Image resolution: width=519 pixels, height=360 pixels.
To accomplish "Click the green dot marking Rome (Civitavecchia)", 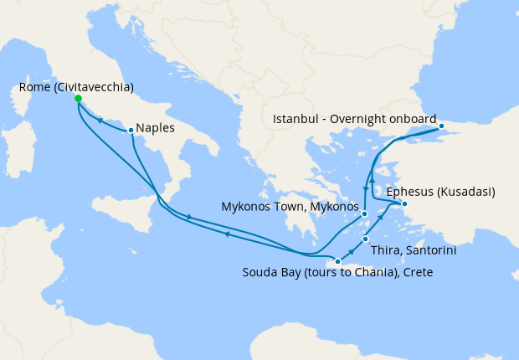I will tap(78, 99).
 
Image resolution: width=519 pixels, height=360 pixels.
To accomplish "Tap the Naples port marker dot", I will tap(131, 130).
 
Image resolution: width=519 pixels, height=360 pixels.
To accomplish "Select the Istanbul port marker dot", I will tap(443, 127).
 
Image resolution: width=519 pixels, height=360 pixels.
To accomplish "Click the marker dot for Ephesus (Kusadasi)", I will tap(404, 203).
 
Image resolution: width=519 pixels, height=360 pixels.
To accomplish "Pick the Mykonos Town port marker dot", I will tap(365, 214).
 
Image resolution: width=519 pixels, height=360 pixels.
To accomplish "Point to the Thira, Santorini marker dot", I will tap(366, 239).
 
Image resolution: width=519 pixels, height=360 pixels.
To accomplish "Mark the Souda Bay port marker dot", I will tap(337, 261).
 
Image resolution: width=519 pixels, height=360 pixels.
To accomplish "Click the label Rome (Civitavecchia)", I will tap(75, 86).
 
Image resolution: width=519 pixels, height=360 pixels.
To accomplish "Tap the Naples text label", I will tap(155, 129).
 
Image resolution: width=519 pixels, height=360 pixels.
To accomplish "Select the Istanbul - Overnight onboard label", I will tap(355, 118).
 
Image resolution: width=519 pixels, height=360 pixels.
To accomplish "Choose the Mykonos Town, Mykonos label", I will tap(290, 206).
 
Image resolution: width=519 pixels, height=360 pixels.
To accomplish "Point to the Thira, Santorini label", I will tap(414, 250).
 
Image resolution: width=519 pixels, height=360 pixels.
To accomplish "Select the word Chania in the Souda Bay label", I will tap(367, 272).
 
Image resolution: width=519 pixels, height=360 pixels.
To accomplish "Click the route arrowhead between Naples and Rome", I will tap(100, 121).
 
